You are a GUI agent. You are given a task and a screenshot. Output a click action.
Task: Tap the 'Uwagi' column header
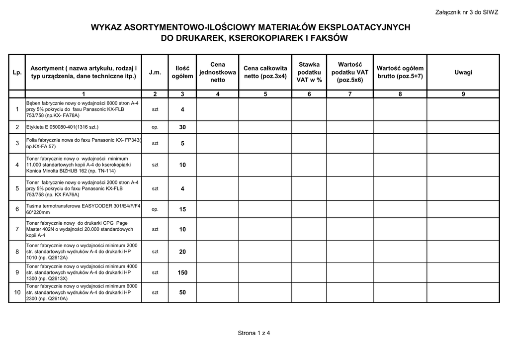[x=463, y=73]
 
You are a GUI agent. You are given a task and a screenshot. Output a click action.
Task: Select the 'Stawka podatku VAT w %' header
[x=309, y=72]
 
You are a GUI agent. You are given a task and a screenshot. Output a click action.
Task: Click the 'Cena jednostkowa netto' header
[x=218, y=72]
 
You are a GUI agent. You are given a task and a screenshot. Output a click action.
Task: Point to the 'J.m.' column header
[x=155, y=73]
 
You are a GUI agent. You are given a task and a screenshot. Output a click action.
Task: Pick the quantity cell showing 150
[x=182, y=272]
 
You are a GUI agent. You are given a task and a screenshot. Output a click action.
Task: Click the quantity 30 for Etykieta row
[x=182, y=127]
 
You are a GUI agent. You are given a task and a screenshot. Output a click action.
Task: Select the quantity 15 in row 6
[x=182, y=209]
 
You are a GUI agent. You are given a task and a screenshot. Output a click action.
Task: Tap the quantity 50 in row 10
[x=182, y=293]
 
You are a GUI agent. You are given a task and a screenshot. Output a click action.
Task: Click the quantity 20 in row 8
[x=182, y=252]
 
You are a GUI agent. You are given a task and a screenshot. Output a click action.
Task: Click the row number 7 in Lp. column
[x=17, y=229]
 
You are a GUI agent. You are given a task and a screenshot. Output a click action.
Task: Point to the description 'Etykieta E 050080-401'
[x=62, y=127]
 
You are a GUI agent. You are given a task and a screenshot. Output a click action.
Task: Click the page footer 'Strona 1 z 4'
[x=254, y=333]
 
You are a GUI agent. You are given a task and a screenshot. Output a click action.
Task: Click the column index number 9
[x=463, y=94]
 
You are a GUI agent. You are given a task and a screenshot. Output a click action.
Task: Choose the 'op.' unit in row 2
[x=155, y=127]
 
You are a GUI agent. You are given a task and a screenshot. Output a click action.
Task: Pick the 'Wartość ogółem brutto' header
[x=400, y=72]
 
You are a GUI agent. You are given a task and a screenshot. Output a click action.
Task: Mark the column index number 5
[x=265, y=94]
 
